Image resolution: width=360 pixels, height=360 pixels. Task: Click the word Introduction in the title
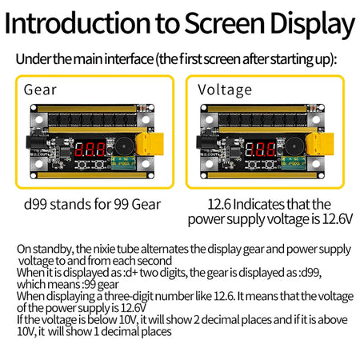78,23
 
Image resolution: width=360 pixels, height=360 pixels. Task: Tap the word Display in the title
312,25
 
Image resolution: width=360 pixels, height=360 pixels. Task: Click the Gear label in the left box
40,90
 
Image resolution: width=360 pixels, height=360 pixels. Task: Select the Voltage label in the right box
225,90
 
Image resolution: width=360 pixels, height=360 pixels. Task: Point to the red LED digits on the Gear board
90,150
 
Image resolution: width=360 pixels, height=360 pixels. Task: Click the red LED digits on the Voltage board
260,150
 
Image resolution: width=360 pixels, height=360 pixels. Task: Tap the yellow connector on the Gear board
150,144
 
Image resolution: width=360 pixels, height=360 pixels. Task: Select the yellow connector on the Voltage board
320,144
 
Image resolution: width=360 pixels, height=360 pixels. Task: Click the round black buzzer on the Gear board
125,146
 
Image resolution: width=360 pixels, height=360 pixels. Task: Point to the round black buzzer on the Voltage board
294,146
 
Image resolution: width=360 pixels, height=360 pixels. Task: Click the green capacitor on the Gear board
123,162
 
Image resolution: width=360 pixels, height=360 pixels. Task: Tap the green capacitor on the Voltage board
294,162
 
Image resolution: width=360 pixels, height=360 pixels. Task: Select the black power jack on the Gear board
34,142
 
